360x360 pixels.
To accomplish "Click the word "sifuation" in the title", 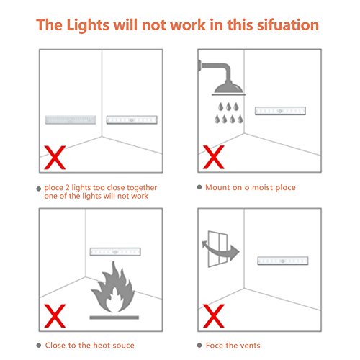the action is coord(288,25).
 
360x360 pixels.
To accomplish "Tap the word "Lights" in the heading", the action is coord(88,25).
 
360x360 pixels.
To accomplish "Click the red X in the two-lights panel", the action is coord(55,158).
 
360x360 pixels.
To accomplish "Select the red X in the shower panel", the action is coord(213,157).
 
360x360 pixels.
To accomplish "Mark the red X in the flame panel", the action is coord(55,316).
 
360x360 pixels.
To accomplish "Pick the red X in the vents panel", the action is coord(213,316).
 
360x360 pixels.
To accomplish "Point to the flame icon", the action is coord(113,287).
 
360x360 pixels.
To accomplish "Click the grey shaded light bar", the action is coord(71,120).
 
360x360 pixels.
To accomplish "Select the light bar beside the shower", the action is coord(280,111).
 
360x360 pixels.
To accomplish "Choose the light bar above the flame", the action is coord(115,252).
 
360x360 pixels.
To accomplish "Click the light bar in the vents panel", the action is coord(283,261).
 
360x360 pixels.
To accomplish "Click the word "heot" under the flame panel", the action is coord(102,346).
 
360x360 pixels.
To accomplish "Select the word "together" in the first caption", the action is coord(142,188).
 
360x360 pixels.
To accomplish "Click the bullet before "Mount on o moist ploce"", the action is coord(199,187).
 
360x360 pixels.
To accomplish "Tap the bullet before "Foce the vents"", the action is coord(199,346).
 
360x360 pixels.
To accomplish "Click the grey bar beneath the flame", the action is coord(114,318).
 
